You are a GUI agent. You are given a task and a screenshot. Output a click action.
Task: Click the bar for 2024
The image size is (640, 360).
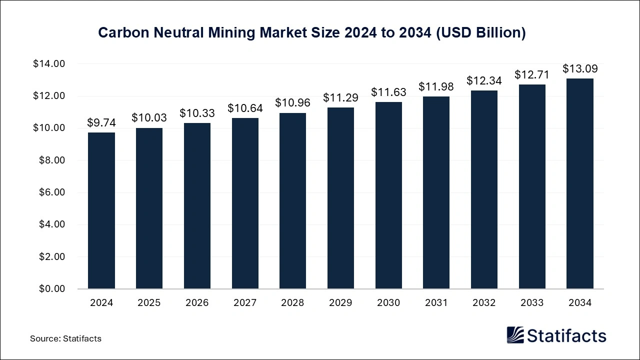pyautogui.click(x=101, y=210)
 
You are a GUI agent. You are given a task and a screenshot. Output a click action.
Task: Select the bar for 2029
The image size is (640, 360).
pyautogui.click(x=340, y=198)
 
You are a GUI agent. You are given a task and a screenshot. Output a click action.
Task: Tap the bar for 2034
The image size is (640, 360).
pyautogui.click(x=580, y=183)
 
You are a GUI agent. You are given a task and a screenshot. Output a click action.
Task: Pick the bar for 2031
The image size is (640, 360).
pyautogui.click(x=436, y=192)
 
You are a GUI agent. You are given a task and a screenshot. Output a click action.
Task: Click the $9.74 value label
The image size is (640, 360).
pyautogui.click(x=101, y=122)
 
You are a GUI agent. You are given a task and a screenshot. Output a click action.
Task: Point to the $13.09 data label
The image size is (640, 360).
pyautogui.click(x=580, y=68)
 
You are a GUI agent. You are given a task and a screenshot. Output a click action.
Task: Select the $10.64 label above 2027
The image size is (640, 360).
pyautogui.click(x=245, y=108)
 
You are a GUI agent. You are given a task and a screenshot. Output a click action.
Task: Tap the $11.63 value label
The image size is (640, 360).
pyautogui.click(x=388, y=92)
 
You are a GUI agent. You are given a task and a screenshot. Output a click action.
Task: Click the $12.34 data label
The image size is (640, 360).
pyautogui.click(x=484, y=80)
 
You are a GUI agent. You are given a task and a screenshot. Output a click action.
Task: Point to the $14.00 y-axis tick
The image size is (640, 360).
pyautogui.click(x=49, y=64)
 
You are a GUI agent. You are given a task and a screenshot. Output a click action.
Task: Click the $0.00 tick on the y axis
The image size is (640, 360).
pyautogui.click(x=52, y=289)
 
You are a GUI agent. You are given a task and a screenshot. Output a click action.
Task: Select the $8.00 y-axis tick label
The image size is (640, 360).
pyautogui.click(x=52, y=160)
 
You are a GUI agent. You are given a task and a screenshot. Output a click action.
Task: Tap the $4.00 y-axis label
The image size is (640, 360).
pyautogui.click(x=52, y=224)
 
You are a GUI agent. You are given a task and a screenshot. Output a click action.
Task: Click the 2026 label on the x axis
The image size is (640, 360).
pyautogui.click(x=197, y=303)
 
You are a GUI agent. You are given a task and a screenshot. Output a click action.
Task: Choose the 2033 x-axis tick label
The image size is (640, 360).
pyautogui.click(x=532, y=303)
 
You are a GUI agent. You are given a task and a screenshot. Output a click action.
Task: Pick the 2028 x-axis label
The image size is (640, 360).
pyautogui.click(x=293, y=303)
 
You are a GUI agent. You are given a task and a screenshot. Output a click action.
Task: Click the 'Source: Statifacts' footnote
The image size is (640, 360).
pyautogui.click(x=65, y=338)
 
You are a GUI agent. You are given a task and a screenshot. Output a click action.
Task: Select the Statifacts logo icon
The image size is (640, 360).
pyautogui.click(x=515, y=335)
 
